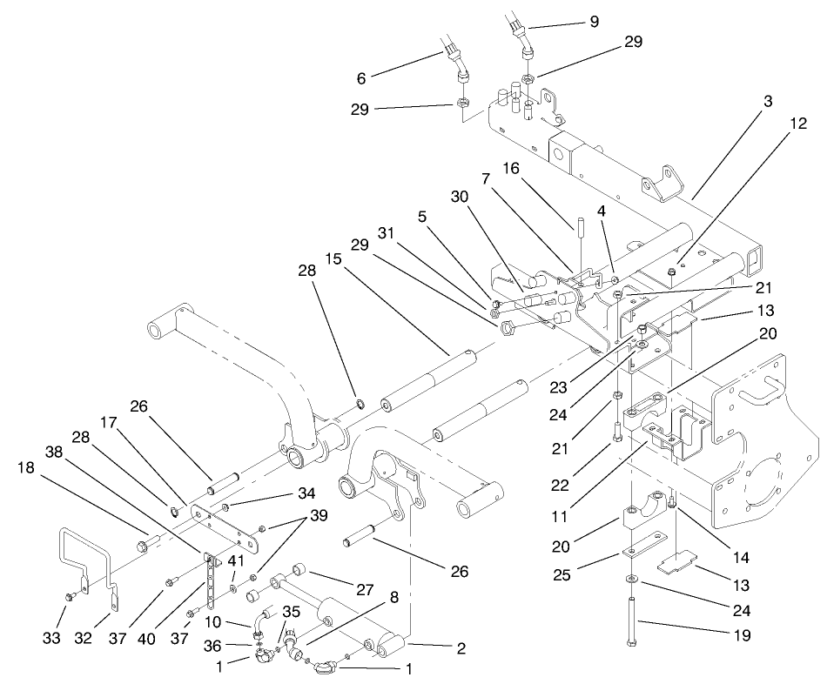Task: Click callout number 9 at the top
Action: (594, 22)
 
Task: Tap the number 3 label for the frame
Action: (767, 102)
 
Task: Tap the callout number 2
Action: (461, 647)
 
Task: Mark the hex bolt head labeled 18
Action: (140, 547)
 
